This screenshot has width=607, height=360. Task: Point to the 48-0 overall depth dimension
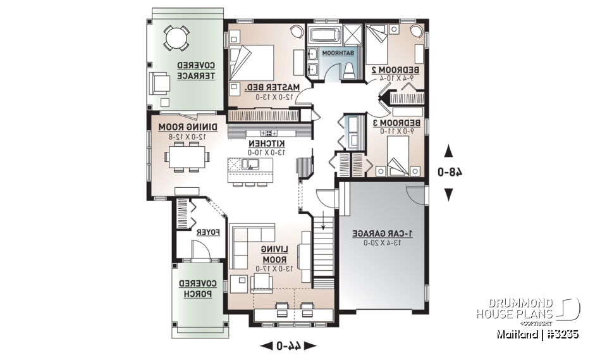[448, 171]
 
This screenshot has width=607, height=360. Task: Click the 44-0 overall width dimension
[288, 345]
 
